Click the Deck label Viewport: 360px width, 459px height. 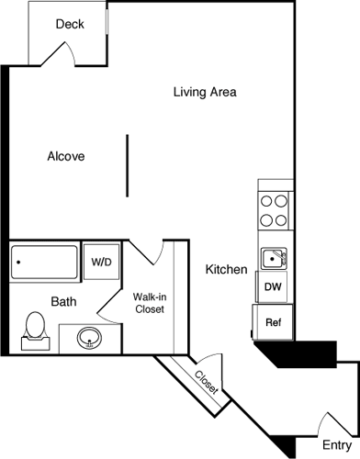click(x=70, y=24)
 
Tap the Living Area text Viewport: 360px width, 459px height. click(x=206, y=92)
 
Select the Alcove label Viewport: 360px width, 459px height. click(x=66, y=156)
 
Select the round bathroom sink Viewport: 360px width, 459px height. click(x=88, y=338)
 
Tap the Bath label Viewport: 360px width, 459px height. click(x=63, y=301)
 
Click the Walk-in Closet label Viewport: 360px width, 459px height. click(x=148, y=303)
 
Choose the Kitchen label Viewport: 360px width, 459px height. click(x=226, y=270)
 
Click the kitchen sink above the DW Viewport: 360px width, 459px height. click(x=273, y=259)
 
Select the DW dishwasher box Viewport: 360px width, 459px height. click(x=273, y=287)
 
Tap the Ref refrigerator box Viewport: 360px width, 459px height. click(x=273, y=322)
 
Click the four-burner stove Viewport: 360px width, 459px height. click(x=273, y=210)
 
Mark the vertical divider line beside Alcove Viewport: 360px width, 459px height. click(x=128, y=165)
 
